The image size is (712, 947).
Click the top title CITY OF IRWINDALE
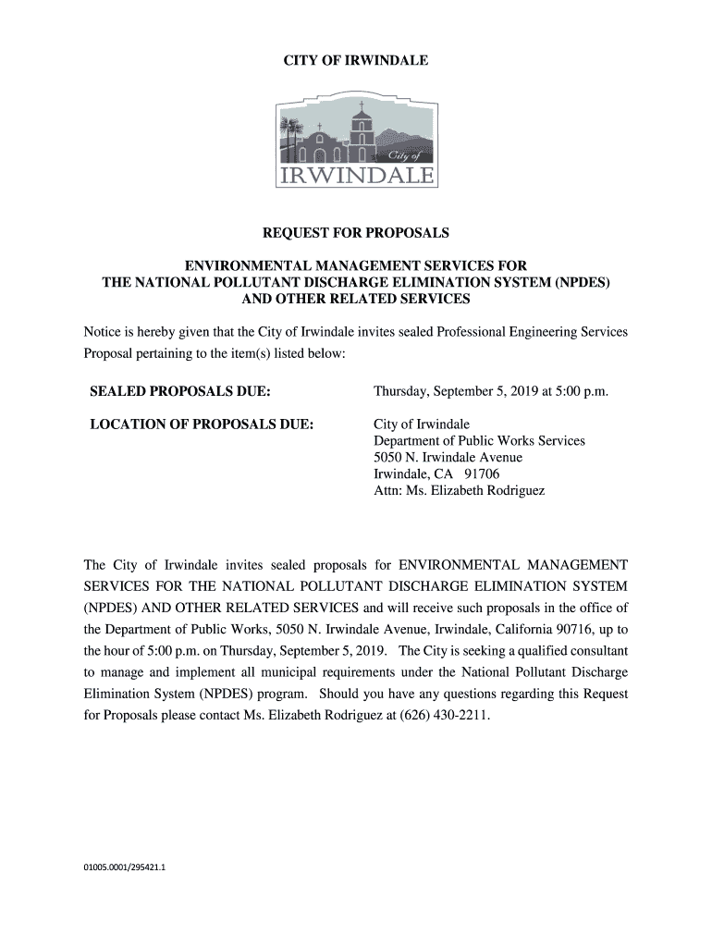coord(356,60)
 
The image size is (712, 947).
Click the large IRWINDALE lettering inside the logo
coord(356,176)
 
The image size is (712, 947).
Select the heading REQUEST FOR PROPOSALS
coord(356,233)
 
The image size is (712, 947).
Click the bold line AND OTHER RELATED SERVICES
coord(356,300)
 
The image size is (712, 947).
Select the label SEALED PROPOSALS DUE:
coord(179,392)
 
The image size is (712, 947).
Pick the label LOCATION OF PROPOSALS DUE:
coord(202,424)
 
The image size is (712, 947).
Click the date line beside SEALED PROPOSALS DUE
coord(491,392)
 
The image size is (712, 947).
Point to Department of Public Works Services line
coord(479,441)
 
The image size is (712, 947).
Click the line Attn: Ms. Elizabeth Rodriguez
coord(459,491)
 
